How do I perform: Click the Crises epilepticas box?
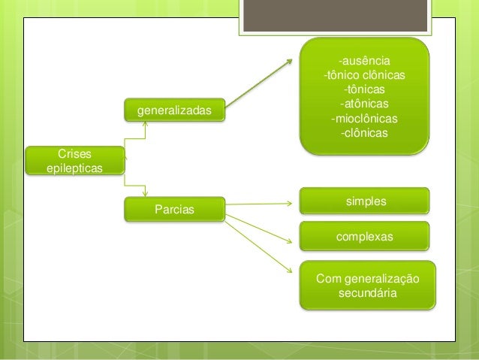(x=74, y=160)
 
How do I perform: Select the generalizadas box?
(x=173, y=112)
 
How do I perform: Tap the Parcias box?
(x=173, y=208)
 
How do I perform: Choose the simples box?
(x=365, y=201)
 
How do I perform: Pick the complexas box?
(x=365, y=236)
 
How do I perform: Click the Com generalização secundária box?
(x=367, y=286)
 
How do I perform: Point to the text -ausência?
(x=364, y=61)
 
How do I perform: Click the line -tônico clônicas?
(x=364, y=75)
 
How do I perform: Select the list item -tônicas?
(x=364, y=89)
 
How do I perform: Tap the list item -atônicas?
(x=364, y=104)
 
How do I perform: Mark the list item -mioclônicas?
(x=364, y=119)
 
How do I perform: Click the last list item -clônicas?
(x=364, y=133)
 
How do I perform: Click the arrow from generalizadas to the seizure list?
(x=259, y=82)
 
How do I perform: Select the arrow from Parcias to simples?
(x=259, y=203)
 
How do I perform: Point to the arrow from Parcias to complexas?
(x=259, y=228)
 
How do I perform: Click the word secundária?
(x=368, y=293)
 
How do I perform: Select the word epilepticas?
(x=74, y=168)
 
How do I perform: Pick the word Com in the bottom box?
(x=328, y=279)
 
